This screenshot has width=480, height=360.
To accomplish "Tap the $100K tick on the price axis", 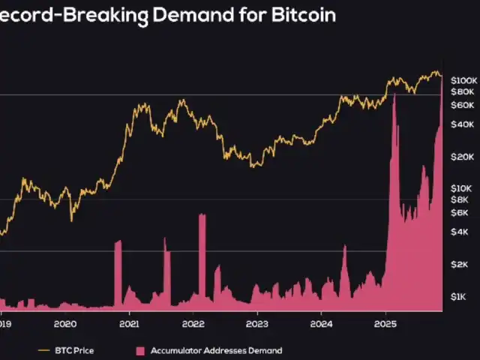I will coord(463,79).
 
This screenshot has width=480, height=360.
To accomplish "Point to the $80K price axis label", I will coord(463,91).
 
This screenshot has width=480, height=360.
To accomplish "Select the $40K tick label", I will coord(463,124).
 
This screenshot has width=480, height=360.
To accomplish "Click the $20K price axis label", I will coord(463,157).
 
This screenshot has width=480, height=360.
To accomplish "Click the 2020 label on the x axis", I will coord(66,324).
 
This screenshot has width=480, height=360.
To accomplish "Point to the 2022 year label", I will coord(193,324).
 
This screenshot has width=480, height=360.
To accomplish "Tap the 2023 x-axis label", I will coord(257,324).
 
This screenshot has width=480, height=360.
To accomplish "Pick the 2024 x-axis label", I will coord(321,324).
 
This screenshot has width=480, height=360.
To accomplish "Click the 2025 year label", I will coord(385,324).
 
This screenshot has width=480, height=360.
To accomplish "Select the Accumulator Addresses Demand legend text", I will coord(216,350).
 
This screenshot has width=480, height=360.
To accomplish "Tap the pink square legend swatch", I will coord(139,350).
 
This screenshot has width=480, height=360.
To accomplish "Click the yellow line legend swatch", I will coord(43,350).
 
